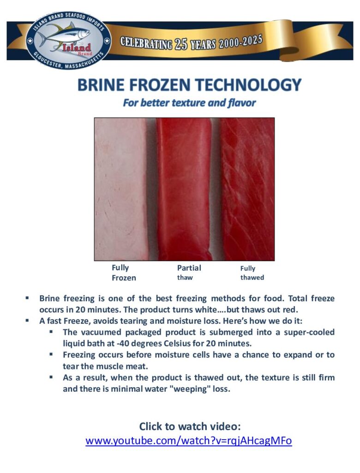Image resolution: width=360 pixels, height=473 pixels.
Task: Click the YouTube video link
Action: coord(189,441)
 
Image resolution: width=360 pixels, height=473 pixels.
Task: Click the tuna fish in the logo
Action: coord(64,35)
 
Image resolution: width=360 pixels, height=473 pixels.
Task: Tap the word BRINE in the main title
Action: coord(101,85)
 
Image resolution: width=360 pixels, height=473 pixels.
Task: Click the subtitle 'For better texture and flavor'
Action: coord(189,103)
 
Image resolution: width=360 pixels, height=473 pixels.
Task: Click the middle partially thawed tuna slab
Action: coord(185,189)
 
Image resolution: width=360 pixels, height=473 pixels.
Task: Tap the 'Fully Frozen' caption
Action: coord(124,273)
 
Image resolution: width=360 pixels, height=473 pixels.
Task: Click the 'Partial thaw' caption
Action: coord(189,273)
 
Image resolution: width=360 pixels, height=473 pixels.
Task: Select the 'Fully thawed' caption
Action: coord(252,273)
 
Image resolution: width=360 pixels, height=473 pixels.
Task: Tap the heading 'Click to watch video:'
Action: coord(190,426)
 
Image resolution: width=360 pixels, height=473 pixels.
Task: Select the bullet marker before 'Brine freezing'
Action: coord(27,298)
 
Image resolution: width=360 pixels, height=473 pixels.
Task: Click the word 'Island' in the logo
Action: coord(77,48)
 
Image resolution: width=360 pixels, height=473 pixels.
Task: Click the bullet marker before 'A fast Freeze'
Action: coord(27,321)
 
